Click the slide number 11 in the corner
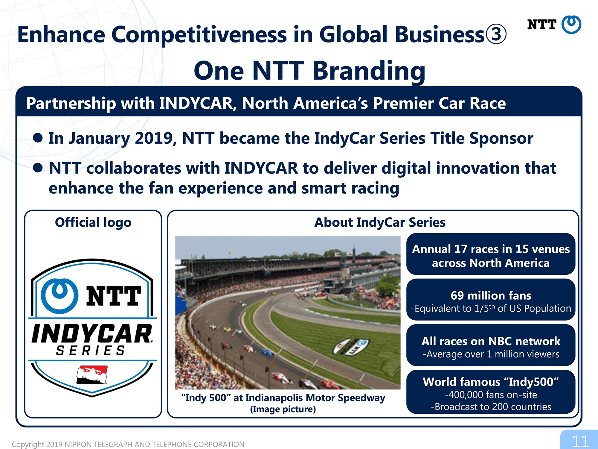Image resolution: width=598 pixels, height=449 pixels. (580, 441)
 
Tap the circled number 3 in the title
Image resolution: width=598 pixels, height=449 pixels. (496, 34)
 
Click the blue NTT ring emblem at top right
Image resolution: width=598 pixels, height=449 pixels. (571, 25)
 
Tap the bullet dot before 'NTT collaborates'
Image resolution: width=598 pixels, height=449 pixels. (38, 168)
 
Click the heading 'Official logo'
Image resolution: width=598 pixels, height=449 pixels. (93, 222)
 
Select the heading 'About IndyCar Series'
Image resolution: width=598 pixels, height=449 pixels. (380, 222)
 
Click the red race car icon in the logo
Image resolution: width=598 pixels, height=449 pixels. (92, 374)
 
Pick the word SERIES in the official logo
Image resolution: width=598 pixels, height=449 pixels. (90, 350)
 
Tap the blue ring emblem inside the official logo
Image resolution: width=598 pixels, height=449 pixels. (60, 296)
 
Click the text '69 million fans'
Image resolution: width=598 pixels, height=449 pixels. (491, 295)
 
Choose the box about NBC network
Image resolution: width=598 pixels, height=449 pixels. (491, 345)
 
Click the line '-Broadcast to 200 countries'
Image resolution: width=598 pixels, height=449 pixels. (491, 407)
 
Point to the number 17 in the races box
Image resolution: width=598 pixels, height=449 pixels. (461, 249)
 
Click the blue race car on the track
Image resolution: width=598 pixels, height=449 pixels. (267, 353)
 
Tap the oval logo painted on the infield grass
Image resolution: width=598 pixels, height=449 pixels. (351, 347)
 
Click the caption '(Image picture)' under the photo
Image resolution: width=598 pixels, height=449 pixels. (283, 409)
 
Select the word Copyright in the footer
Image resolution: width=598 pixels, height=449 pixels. (28, 445)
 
